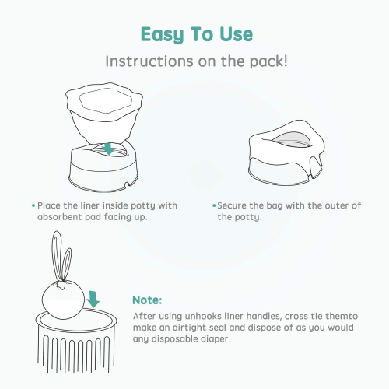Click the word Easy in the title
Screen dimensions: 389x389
pos(163,35)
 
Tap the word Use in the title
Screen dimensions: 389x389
pos(236,34)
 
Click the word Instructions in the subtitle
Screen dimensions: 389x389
pos(149,61)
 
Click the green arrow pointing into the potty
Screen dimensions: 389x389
pos(108,149)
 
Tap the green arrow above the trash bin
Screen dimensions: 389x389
pos(93,300)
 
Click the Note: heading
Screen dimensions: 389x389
pos(147,300)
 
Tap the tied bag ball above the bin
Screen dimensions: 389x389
pos(63,300)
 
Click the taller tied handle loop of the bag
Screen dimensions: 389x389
pos(57,257)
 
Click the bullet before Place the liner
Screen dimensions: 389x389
pos(33,205)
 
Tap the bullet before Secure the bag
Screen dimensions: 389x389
pos(214,205)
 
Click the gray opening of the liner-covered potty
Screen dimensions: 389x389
pos(291,140)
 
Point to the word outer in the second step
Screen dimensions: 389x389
pos(336,205)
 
